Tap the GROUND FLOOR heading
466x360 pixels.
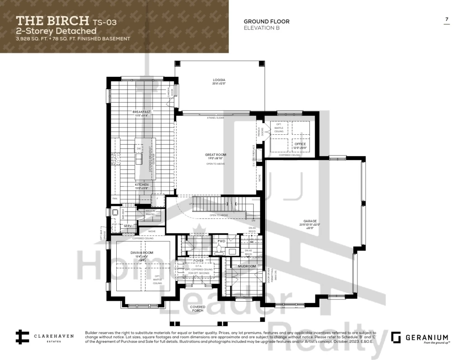tap(266, 21)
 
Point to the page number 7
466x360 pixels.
tap(447, 19)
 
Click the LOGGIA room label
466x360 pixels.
tap(219, 80)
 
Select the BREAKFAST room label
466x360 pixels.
tap(141, 112)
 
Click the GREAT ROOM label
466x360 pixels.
tap(215, 155)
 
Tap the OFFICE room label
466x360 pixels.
tap(300, 144)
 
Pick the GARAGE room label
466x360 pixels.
tap(310, 221)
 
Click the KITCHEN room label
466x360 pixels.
tap(141, 185)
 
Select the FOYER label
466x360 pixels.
tap(199, 261)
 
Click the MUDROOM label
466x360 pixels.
tap(247, 266)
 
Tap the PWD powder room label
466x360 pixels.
tap(221, 242)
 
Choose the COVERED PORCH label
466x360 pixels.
tap(197, 309)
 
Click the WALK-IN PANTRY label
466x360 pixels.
tap(151, 213)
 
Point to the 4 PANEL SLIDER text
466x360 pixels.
tap(215, 118)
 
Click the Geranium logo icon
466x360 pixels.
tap(396, 337)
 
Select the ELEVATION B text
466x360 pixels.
tap(261, 28)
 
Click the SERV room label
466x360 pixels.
tap(128, 225)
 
